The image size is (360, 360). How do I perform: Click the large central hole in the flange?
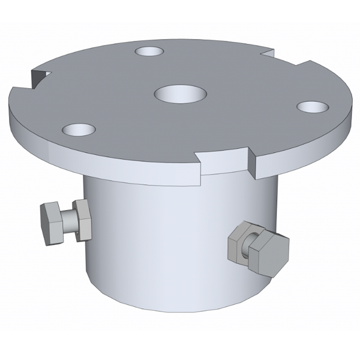point(180,94)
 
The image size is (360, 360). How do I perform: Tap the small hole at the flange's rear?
point(149,52)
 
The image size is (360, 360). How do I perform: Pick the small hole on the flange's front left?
point(79,129)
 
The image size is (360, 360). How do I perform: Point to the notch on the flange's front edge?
point(223,161)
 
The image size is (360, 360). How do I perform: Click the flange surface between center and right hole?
point(246,101)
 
